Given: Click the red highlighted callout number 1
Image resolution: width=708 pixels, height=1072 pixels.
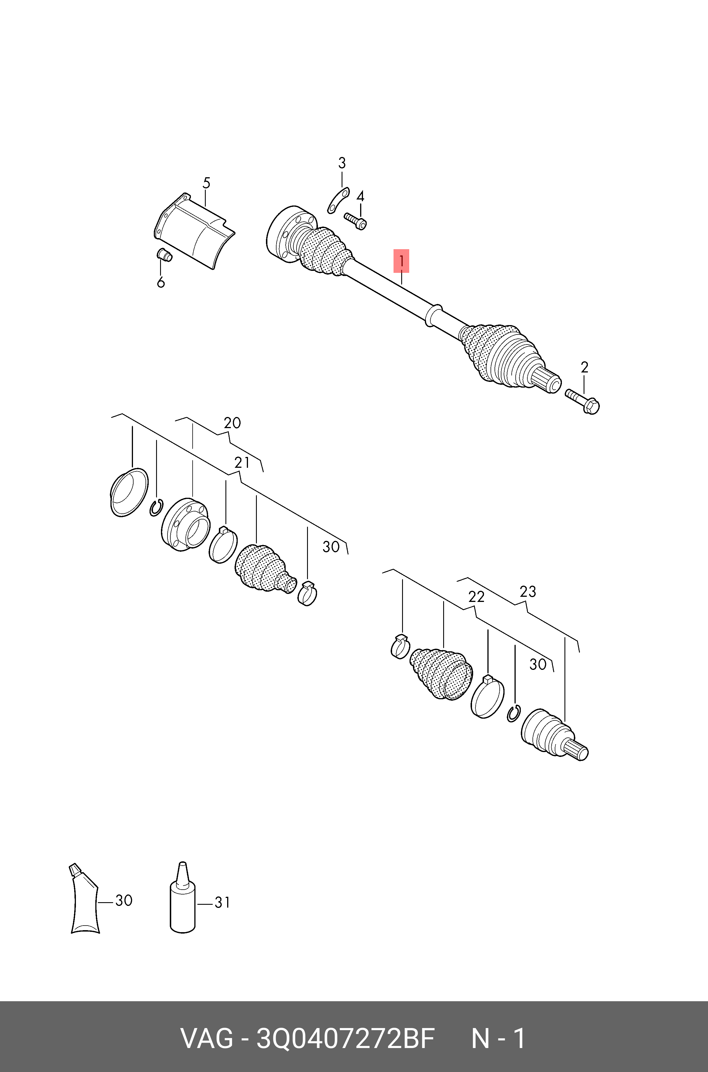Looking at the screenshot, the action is [401, 261].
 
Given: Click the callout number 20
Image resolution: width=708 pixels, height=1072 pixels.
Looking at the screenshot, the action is [232, 423].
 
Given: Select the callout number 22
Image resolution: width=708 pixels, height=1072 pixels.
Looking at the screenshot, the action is [476, 597].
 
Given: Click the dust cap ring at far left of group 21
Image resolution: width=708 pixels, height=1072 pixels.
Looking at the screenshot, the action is [129, 492].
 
